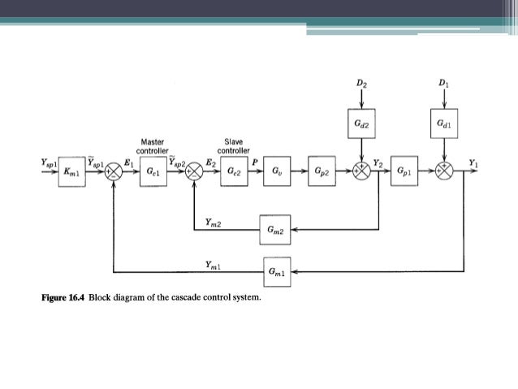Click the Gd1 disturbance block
442,123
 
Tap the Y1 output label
473,162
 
